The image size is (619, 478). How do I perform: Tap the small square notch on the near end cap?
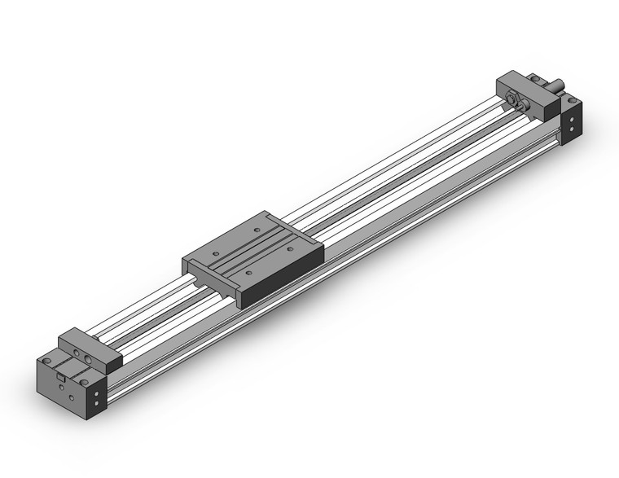[x=60, y=376]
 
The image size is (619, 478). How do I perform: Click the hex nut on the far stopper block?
[x=515, y=99]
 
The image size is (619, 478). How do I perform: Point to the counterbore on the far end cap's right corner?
[x=575, y=101]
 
